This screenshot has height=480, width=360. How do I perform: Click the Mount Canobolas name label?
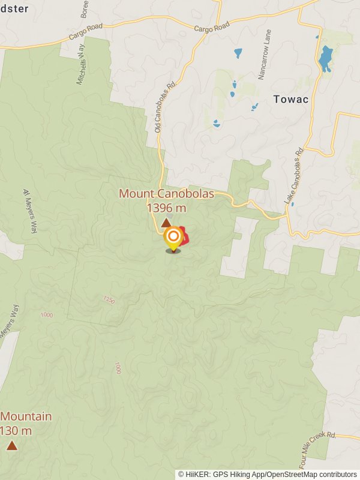(159, 194)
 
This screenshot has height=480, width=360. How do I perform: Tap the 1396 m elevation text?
(166, 208)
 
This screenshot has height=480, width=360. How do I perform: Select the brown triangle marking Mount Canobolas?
(166, 223)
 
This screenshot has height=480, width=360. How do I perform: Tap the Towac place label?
(291, 99)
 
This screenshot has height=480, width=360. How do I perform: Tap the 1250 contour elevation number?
(109, 299)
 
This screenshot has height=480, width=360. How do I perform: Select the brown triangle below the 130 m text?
(11, 445)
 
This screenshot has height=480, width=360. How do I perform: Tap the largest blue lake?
(325, 59)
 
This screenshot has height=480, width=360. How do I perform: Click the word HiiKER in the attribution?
(199, 475)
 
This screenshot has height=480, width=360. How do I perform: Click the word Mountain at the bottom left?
(26, 416)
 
